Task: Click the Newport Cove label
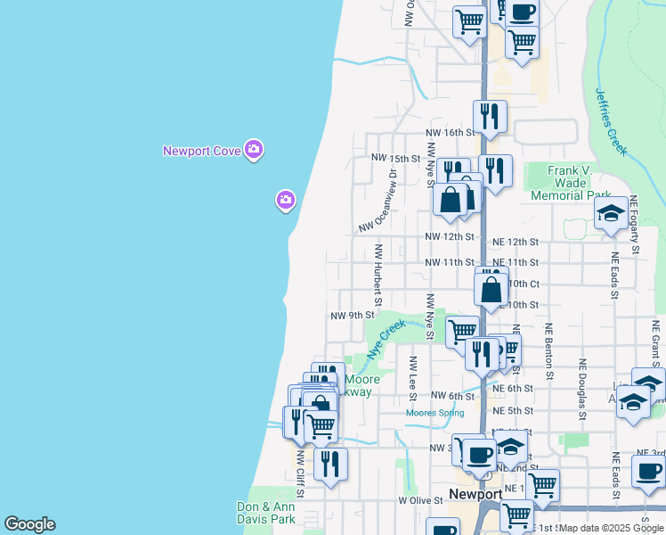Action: pos(202,151)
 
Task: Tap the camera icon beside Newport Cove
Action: pos(254,149)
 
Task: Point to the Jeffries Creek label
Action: pos(611,117)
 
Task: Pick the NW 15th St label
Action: pos(395,159)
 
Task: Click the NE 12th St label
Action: pos(516,242)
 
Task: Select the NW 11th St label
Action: pos(450,262)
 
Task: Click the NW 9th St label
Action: pos(352,316)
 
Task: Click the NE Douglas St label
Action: pos(582,389)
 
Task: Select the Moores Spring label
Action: pos(435,413)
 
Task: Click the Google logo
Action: pos(29,524)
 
